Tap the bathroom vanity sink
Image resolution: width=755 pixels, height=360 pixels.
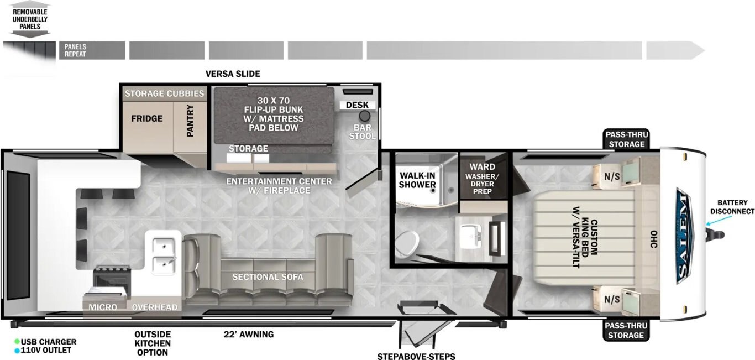(x=470, y=233)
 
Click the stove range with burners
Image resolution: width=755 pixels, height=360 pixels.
(x=112, y=279)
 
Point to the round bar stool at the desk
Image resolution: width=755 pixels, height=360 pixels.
(x=364, y=116)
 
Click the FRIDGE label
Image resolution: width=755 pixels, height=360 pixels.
(x=146, y=119)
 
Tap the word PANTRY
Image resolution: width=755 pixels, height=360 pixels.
(x=190, y=121)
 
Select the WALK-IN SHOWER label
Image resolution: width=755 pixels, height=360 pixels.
(x=417, y=180)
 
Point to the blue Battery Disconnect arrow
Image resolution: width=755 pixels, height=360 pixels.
(x=719, y=221)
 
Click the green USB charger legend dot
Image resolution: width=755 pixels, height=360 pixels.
(x=17, y=342)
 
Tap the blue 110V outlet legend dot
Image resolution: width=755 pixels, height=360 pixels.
(x=17, y=351)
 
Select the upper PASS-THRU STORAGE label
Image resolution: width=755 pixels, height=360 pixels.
(x=627, y=139)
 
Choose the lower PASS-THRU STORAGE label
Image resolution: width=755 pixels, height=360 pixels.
(x=626, y=331)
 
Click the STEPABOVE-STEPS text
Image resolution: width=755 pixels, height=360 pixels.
(x=416, y=356)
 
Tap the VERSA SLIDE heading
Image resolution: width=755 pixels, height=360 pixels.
(x=233, y=74)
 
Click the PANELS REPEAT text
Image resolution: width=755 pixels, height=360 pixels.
(x=75, y=50)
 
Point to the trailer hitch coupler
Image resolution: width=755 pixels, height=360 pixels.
(x=715, y=235)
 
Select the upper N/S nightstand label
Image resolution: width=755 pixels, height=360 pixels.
(x=612, y=176)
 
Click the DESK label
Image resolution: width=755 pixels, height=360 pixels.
(x=357, y=105)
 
